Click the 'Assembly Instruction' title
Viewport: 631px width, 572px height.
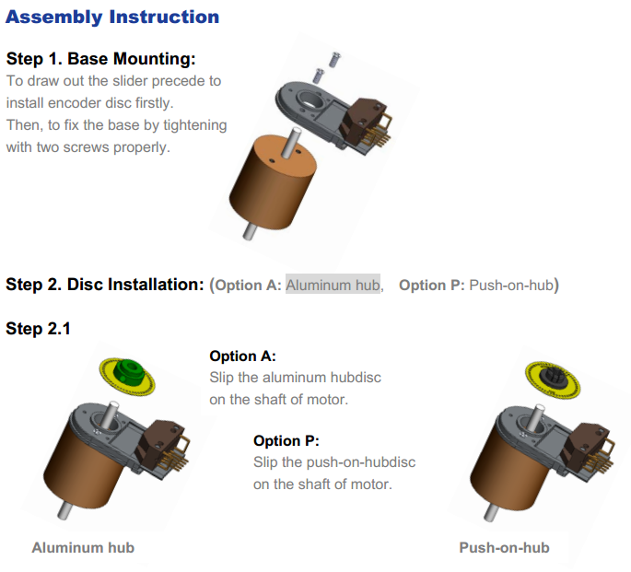click(x=112, y=18)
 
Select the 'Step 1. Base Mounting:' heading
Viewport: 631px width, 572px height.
click(x=101, y=59)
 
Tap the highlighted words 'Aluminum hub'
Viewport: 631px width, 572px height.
click(x=333, y=285)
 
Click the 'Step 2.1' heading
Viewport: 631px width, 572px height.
click(x=39, y=329)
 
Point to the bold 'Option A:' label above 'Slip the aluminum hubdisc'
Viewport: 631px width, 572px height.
click(x=242, y=356)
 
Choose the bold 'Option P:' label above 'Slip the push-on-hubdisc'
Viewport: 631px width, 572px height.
click(x=286, y=441)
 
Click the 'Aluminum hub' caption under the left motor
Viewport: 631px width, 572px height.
click(x=83, y=547)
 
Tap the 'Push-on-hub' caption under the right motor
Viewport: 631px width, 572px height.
click(x=504, y=547)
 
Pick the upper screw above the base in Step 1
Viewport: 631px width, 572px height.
click(x=334, y=60)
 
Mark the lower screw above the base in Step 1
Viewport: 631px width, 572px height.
click(x=319, y=76)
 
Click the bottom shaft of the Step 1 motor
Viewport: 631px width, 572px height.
click(x=250, y=232)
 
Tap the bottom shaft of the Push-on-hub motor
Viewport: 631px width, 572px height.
click(x=491, y=512)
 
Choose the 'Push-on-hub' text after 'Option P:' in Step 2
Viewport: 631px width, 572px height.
click(x=511, y=285)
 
